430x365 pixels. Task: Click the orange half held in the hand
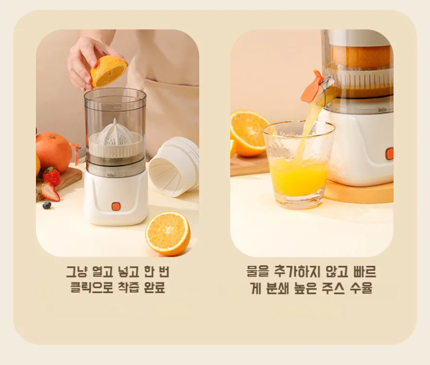pyautogui.click(x=108, y=71)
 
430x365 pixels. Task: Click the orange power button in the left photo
pyautogui.click(x=116, y=207)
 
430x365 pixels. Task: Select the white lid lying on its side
pyautogui.click(x=174, y=167)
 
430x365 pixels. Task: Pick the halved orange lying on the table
pyautogui.click(x=168, y=233)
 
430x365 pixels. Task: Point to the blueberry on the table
pyautogui.click(x=47, y=205)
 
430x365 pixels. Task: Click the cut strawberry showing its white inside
pyautogui.click(x=50, y=191)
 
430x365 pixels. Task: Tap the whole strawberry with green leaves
pyautogui.click(x=52, y=176)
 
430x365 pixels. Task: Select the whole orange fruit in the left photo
pyautogui.click(x=53, y=152)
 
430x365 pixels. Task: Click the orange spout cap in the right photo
pyautogui.click(x=312, y=87)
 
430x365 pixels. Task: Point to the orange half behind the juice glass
pyautogui.click(x=249, y=133)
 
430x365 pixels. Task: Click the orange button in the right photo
pyautogui.click(x=389, y=154)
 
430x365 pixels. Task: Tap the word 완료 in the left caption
pyautogui.click(x=155, y=287)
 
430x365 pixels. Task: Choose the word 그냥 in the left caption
pyautogui.click(x=77, y=272)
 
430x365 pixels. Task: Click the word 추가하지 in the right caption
pyautogui.click(x=297, y=272)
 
